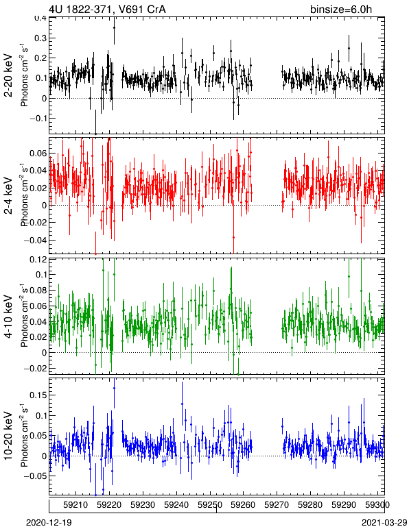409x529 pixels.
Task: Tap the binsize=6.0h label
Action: coord(341,9)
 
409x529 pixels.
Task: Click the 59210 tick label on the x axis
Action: coord(75,505)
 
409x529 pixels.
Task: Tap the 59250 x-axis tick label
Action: coord(210,505)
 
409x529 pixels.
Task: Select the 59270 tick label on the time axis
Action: coord(277,505)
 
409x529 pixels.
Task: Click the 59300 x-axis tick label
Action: coord(377,505)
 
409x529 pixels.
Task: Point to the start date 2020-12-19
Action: coord(49,523)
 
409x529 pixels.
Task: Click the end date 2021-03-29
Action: coord(384,523)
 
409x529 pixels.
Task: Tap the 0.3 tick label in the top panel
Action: coord(40,38)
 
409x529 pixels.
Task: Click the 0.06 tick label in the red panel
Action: coord(38,153)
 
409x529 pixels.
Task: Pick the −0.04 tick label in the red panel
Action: coord(36,241)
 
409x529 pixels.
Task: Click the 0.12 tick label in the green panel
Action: coord(38,259)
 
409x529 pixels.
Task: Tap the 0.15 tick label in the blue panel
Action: coord(38,395)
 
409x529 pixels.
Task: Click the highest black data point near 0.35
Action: coord(114,27)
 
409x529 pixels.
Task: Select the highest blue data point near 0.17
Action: coord(114,388)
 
